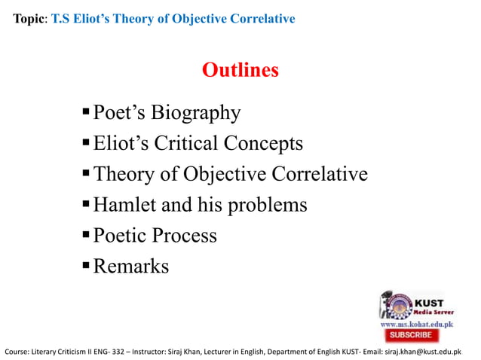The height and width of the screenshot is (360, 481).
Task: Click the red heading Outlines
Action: [240, 70]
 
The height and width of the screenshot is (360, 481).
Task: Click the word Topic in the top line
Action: [29, 18]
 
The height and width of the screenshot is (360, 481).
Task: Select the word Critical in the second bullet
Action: [202, 143]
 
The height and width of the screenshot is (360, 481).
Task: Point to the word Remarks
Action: [131, 266]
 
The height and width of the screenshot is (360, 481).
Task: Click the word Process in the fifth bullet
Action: [184, 235]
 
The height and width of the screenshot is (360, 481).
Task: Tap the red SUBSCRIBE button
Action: [411, 334]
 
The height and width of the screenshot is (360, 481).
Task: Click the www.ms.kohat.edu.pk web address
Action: [415, 322]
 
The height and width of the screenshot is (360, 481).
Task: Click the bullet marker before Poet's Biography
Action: [86, 113]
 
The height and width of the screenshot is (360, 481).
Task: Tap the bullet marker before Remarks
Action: [86, 266]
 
